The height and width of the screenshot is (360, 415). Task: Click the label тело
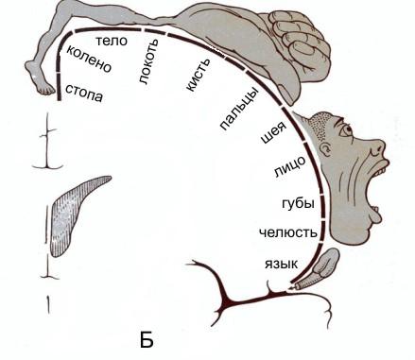[112, 41]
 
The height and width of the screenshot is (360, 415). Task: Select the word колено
[89, 59]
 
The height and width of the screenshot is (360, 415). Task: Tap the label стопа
[84, 93]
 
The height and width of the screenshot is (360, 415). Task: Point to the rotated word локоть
[147, 61]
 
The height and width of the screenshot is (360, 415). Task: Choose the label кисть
[198, 75]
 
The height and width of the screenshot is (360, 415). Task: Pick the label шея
[273, 131]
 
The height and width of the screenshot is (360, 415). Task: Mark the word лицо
[289, 166]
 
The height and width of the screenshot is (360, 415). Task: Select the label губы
[298, 203]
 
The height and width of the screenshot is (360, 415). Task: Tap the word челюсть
[288, 232]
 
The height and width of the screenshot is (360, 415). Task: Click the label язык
[281, 263]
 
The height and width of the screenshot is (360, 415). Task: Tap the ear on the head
[326, 147]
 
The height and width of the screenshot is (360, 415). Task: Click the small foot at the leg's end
[39, 78]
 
